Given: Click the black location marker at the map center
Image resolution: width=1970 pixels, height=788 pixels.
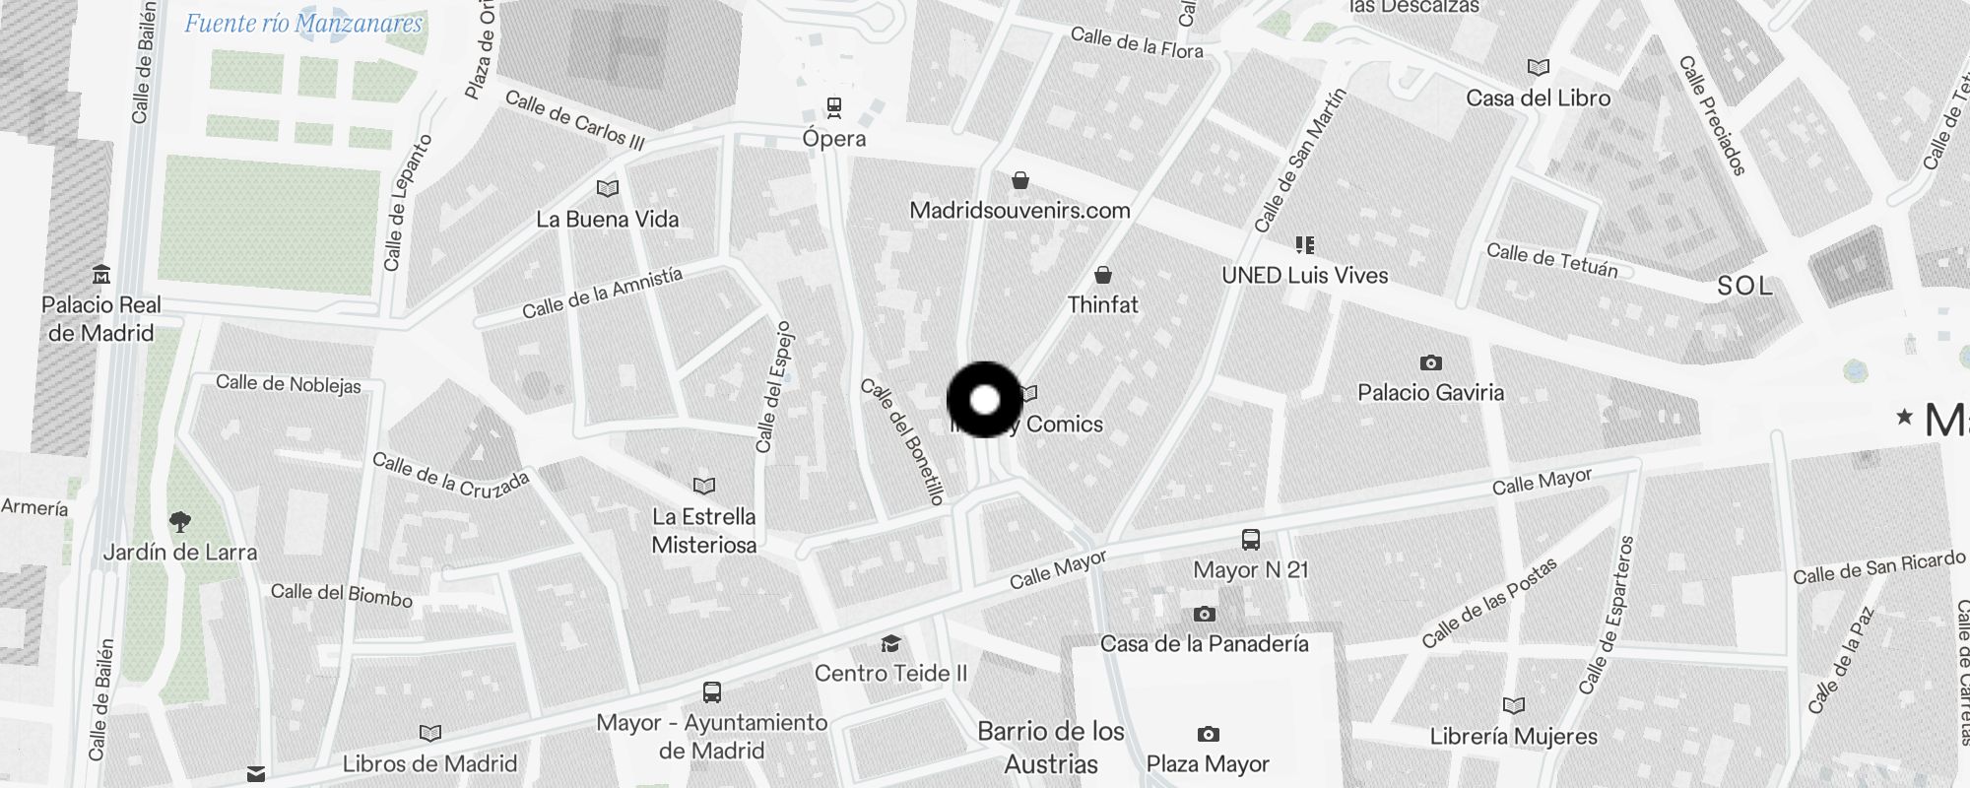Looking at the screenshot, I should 985,400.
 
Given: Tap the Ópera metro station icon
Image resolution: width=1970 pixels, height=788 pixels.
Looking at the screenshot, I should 834,106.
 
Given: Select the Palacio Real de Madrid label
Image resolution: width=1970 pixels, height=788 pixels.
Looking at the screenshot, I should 101,319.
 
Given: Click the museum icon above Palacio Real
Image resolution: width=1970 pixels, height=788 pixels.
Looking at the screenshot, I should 100,274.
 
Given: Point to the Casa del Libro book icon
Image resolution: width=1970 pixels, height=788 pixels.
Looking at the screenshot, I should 1538,68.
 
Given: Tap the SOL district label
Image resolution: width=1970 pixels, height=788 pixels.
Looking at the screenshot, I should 1744,287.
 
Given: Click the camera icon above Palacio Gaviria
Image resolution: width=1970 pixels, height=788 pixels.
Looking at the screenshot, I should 1431,363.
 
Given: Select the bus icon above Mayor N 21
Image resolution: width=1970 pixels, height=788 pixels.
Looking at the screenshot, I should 1251,540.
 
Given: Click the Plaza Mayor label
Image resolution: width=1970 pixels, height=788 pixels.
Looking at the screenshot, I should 1208,764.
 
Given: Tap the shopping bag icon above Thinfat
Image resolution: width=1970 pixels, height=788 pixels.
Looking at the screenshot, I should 1103,275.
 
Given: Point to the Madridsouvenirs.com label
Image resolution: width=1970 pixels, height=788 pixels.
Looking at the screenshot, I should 1019,210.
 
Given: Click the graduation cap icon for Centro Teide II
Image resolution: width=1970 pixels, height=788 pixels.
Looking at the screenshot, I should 890,644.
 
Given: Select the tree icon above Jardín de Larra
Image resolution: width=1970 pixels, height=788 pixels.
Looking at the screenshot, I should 179,522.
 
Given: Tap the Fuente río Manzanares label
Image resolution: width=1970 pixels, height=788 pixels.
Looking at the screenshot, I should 303,24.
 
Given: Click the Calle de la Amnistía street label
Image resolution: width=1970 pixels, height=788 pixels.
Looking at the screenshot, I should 602,294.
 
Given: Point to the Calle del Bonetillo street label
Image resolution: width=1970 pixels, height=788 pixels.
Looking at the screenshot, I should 903,441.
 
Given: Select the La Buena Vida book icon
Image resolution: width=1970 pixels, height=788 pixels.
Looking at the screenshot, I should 608,188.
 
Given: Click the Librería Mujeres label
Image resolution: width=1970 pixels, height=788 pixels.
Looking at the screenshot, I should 1514,737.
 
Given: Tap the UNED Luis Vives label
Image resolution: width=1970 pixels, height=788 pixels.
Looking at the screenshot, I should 1304,276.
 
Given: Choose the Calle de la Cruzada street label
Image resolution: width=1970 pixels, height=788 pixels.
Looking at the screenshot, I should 450,475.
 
